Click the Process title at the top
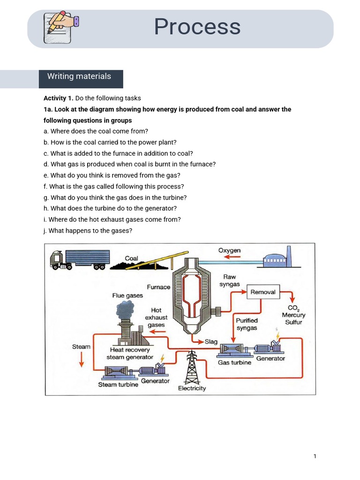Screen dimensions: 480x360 (197, 27)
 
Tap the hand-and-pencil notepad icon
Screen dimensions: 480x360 (60, 28)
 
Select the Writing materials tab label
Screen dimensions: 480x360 (79, 76)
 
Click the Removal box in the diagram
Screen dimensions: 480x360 (263, 292)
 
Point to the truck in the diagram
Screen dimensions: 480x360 (80, 260)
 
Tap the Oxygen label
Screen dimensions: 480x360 (229, 251)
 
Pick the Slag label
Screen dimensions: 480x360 (211, 342)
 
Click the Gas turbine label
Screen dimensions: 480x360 (234, 362)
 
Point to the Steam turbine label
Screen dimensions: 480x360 (118, 385)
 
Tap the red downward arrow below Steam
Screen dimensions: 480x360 (81, 359)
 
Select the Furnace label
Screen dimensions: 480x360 (158, 287)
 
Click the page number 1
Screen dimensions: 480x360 (315, 456)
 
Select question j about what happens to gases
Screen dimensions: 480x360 (90, 231)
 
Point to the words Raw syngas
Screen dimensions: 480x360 (229, 281)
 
